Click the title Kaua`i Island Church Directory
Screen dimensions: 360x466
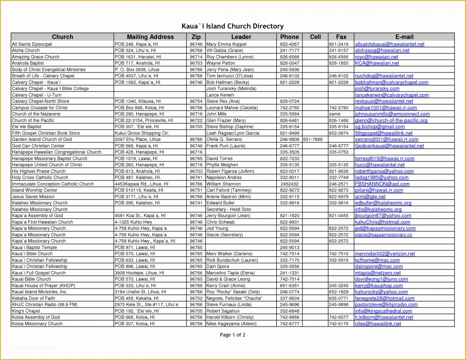(233, 26)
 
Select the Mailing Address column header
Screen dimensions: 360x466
(150, 37)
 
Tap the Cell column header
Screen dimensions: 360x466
(315, 37)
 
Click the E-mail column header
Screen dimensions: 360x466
(404, 37)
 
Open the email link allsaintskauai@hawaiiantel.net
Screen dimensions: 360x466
(389, 44)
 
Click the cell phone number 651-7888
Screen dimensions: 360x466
(313, 139)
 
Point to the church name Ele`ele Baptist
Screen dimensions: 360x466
(26, 127)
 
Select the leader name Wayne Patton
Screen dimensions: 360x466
(221, 63)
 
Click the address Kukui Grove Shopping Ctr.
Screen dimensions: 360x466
(142, 133)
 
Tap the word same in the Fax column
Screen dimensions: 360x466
(335, 114)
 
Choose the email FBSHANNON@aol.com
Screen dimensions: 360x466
(382, 184)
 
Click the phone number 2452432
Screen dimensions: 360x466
(289, 184)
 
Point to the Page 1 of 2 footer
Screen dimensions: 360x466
(233, 335)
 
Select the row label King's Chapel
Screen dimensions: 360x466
(26, 311)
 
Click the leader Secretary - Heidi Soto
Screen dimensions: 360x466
(228, 209)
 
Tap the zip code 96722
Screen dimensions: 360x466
(196, 120)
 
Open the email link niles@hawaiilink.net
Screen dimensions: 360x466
(378, 324)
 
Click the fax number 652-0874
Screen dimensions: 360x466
(339, 133)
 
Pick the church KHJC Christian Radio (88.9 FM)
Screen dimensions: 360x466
(45, 304)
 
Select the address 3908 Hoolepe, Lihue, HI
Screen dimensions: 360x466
(139, 273)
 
